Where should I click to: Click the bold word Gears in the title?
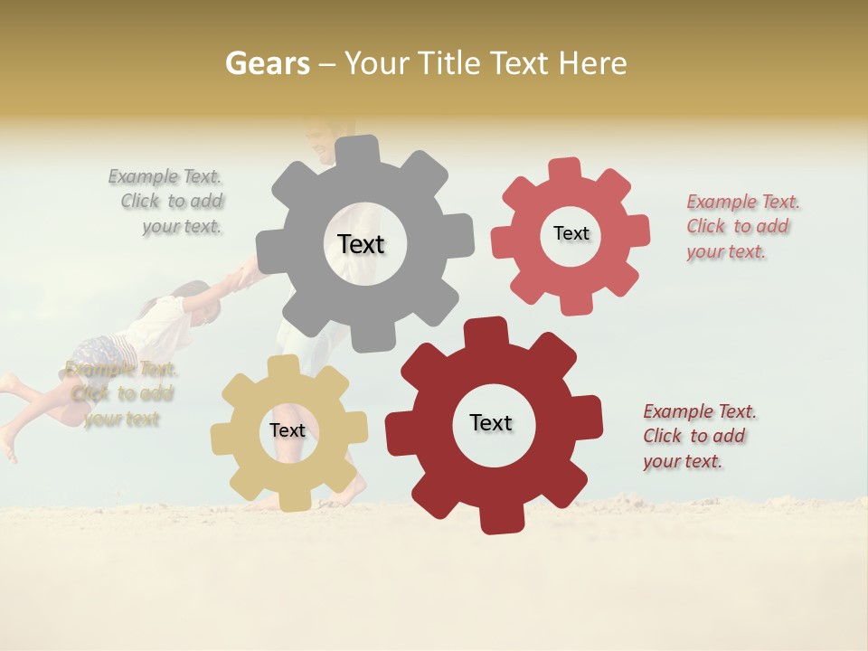268,63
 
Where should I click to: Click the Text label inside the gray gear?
361,244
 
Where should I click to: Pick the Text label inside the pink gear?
571,233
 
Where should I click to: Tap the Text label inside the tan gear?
288,431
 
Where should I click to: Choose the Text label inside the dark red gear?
491,423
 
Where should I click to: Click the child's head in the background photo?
202,302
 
